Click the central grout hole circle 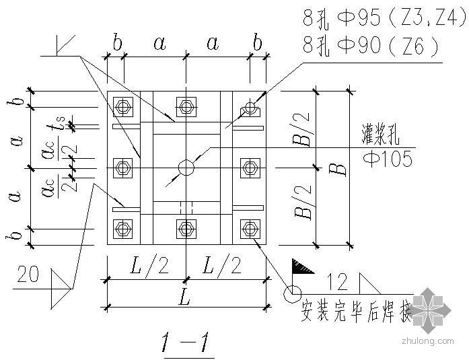pyautogui.click(x=186, y=167)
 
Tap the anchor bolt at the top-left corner pyautogui.click(x=122, y=106)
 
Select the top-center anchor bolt pyautogui.click(x=186, y=106)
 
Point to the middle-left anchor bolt pyautogui.click(x=122, y=167)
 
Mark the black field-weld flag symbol pyautogui.click(x=303, y=267)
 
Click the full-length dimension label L pyautogui.click(x=186, y=296)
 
